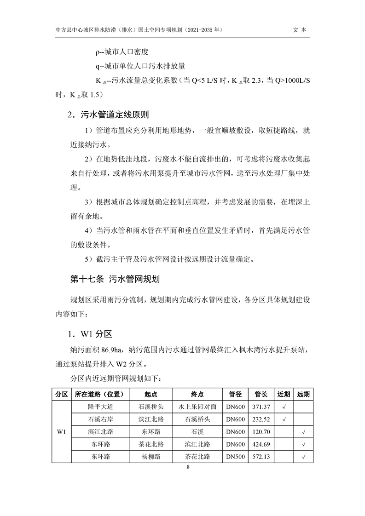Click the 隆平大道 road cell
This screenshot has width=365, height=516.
[100, 407]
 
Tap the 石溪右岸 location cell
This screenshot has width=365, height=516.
[100, 419]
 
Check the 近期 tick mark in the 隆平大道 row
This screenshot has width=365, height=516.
[284, 407]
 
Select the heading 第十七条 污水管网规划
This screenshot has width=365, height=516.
[115, 279]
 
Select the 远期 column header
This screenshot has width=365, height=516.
[303, 395]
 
